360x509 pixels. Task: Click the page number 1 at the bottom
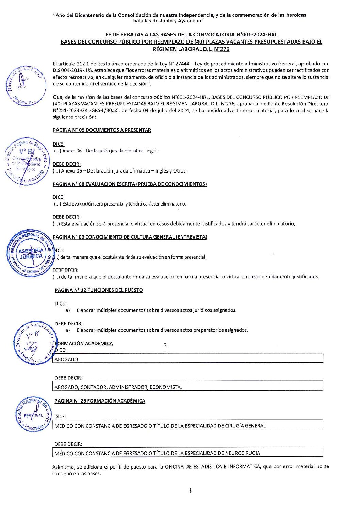190,490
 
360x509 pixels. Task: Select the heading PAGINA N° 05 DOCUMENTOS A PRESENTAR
102,130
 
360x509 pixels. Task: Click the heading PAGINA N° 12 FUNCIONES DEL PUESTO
99,290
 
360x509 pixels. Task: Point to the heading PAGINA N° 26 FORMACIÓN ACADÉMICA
100,401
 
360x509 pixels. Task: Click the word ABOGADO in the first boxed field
66,359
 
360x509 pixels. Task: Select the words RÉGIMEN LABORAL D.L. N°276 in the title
191,49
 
